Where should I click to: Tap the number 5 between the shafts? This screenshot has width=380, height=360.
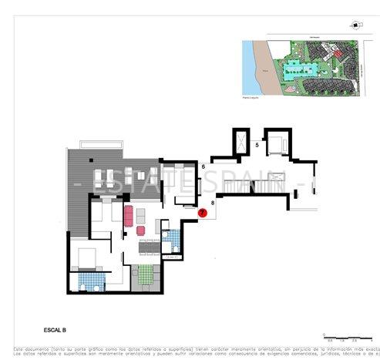(x=257, y=144)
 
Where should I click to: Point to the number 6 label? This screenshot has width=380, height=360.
(x=203, y=167)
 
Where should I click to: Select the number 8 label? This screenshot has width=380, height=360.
(x=211, y=203)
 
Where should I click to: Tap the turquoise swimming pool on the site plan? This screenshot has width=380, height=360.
(x=294, y=70)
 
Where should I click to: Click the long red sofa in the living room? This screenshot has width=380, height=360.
(x=127, y=213)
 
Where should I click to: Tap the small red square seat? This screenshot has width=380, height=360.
(x=141, y=229)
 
